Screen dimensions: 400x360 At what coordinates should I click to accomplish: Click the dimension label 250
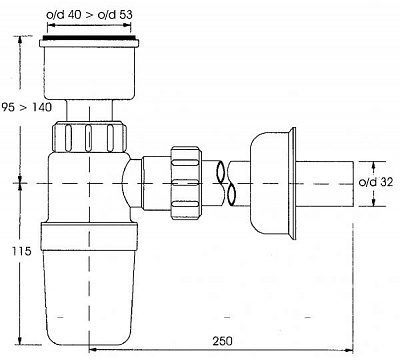point(223,341)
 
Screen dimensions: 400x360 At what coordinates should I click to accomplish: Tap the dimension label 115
point(22,251)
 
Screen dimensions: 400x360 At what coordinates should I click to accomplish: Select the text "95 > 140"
point(27,107)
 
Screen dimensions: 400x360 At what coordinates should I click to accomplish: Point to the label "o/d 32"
point(376,182)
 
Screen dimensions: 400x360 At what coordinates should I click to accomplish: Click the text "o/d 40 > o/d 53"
point(89,15)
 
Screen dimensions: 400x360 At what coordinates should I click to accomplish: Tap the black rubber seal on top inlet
point(89,37)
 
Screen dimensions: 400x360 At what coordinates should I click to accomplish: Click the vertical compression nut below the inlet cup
point(89,137)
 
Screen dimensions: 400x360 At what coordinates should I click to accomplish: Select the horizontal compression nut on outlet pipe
point(186,183)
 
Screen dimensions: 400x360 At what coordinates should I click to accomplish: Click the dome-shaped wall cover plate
point(268,183)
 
